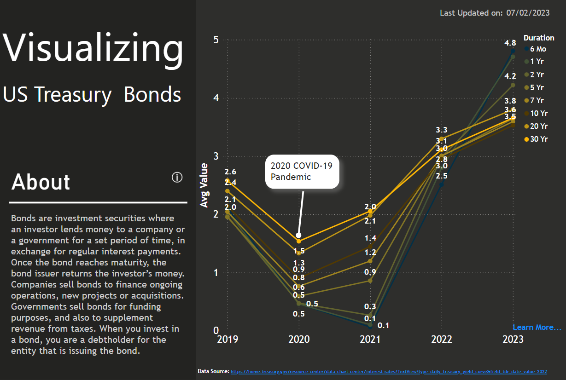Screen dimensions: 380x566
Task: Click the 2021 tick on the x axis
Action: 370,340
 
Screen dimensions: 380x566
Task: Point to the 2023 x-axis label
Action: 513,340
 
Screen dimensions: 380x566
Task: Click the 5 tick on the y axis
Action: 216,40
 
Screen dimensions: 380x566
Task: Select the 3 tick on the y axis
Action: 216,156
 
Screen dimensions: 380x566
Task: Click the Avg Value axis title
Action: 204,185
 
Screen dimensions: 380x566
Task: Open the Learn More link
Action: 537,328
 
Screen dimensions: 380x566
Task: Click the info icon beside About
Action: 177,178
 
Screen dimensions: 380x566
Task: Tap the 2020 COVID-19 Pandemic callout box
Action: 302,171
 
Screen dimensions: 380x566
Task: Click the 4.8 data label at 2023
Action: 510,43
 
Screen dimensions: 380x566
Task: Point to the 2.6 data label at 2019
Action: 230,172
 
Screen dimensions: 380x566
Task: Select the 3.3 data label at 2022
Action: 442,130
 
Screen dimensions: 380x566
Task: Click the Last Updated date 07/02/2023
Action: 528,13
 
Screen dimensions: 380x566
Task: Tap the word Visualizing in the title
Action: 93,47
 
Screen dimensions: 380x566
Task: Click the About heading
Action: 41,182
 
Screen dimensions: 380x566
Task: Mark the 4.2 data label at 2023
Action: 510,76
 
